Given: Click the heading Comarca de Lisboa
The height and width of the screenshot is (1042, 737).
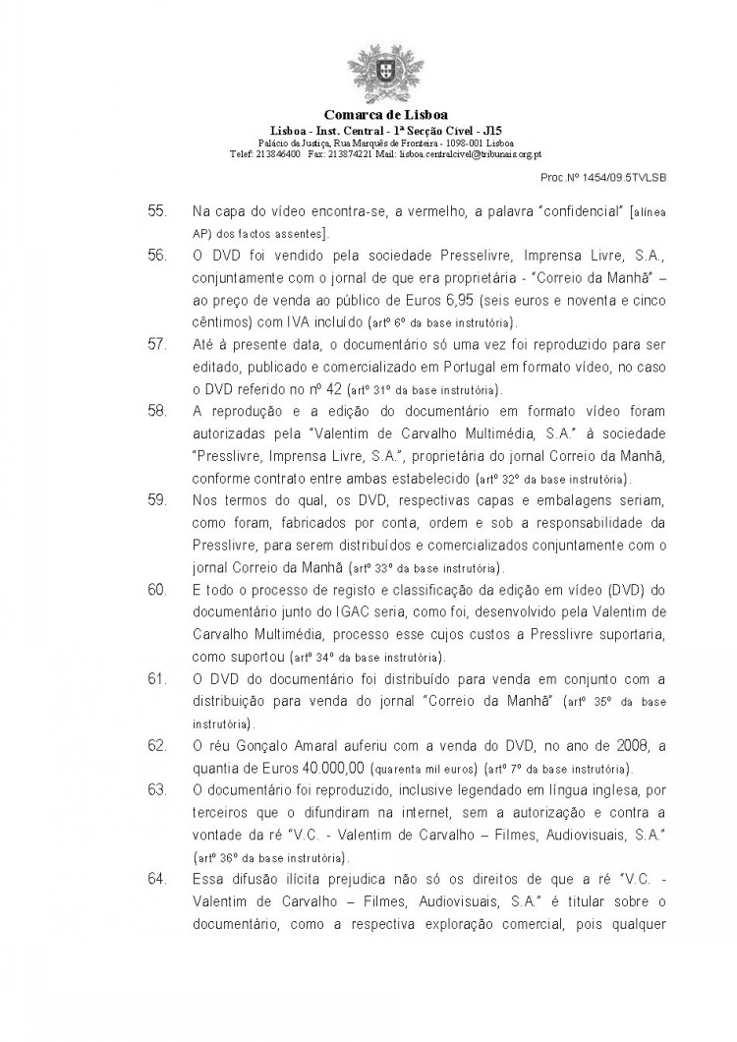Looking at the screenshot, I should [368, 115].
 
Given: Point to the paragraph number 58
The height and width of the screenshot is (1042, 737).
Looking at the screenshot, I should [156, 408].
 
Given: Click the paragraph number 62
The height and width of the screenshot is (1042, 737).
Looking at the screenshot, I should [156, 746].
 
